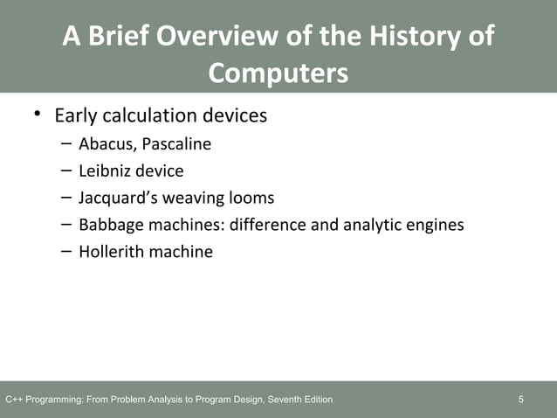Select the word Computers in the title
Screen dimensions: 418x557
pyautogui.click(x=278, y=73)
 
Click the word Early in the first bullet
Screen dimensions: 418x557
pyautogui.click(x=76, y=115)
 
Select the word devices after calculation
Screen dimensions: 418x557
pyautogui.click(x=234, y=115)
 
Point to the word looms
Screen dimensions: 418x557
pyautogui.click(x=251, y=198)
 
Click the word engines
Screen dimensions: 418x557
pyautogui.click(x=435, y=225)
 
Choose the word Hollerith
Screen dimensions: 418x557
pyautogui.click(x=109, y=252)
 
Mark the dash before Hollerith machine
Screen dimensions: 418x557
pyautogui.click(x=67, y=251)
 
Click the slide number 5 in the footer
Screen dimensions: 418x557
pyautogui.click(x=521, y=401)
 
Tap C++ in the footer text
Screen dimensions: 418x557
pyautogui.click(x=15, y=401)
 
